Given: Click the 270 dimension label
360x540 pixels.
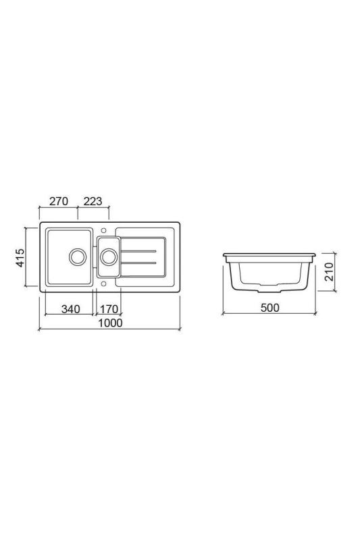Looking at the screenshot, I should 59,201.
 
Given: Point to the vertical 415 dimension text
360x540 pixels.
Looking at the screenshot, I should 20,258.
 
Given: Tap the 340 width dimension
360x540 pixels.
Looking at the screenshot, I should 70,309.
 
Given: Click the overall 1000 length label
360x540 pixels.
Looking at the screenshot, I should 109,323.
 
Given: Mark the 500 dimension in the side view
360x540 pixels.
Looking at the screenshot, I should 269,308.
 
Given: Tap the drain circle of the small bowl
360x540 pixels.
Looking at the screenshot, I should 109,257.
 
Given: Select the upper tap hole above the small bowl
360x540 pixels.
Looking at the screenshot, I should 104,228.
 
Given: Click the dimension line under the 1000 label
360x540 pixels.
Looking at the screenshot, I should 109,330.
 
